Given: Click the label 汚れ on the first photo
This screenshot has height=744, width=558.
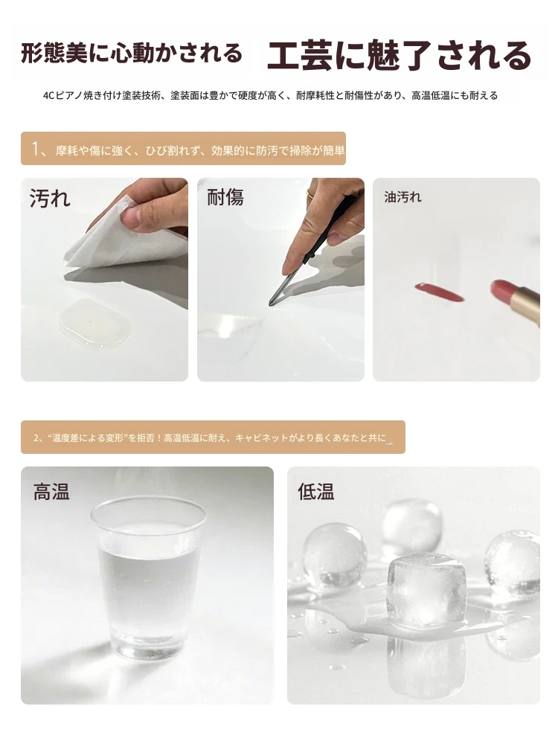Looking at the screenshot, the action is pyautogui.click(x=50, y=198).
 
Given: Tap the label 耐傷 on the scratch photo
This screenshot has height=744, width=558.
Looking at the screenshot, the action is pyautogui.click(x=225, y=197).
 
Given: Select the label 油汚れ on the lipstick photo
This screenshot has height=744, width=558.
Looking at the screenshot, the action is pyautogui.click(x=403, y=197).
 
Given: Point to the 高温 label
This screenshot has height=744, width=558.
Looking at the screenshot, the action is pyautogui.click(x=51, y=491).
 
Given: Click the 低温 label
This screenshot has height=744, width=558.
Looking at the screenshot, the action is pyautogui.click(x=316, y=491).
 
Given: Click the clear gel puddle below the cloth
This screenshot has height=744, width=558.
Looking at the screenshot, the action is pyautogui.click(x=95, y=324).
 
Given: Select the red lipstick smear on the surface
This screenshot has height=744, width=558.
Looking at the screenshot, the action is pyautogui.click(x=439, y=292).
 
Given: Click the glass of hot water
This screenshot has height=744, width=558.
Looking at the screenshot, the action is pyautogui.click(x=149, y=577).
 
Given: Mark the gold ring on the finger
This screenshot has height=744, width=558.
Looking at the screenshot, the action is pyautogui.click(x=310, y=193).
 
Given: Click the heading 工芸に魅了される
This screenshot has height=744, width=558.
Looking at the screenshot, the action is pyautogui.click(x=399, y=55).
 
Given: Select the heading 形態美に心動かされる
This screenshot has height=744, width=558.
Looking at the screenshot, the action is pyautogui.click(x=132, y=53).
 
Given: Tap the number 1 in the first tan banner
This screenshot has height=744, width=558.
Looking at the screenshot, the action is pyautogui.click(x=35, y=149).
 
